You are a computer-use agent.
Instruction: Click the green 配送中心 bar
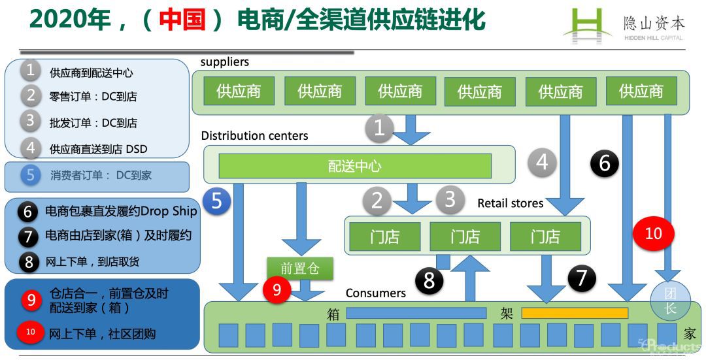(x=354, y=166)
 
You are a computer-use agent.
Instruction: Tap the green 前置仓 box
(x=300, y=269)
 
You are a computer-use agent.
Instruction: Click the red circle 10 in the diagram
(x=653, y=233)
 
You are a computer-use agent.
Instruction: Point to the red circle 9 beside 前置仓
(x=277, y=289)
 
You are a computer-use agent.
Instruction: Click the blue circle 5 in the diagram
(x=217, y=201)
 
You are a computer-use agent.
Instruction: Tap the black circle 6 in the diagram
(x=604, y=162)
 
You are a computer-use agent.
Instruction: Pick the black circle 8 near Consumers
(x=429, y=281)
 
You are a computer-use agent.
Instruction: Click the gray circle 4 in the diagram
(x=542, y=161)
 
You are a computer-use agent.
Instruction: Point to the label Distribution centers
(x=254, y=136)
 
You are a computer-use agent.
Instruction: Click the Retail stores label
(x=510, y=203)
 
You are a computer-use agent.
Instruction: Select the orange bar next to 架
(x=574, y=313)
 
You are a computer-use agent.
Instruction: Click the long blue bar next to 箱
(x=416, y=313)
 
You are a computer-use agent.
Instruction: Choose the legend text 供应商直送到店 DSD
(x=99, y=149)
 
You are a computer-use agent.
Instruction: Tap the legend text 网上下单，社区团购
(x=102, y=334)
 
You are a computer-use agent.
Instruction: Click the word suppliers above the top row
(x=224, y=62)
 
